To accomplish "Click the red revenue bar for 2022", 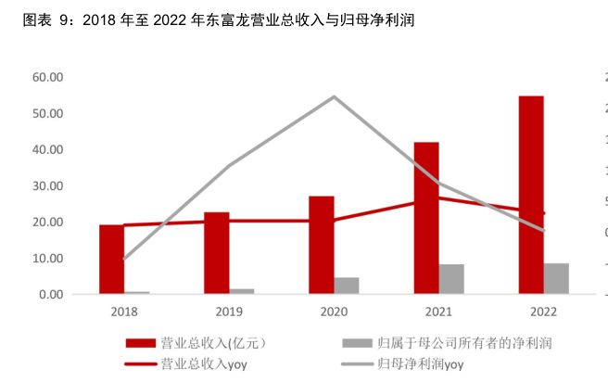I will point(531,195).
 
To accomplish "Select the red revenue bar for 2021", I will point(426,218).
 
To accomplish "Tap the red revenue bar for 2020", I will point(322,245).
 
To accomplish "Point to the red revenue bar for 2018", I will point(112,260).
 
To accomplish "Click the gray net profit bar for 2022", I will point(556,279).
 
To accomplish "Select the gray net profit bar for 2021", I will point(451,279).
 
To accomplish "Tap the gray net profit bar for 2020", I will point(347,286).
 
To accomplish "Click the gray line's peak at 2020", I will point(334,96).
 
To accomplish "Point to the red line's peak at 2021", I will point(438,197).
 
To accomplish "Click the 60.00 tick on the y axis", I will point(47,77).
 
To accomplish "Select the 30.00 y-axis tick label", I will point(47,185).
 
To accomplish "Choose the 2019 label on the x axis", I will point(229,312).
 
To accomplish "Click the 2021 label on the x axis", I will point(438,312).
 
